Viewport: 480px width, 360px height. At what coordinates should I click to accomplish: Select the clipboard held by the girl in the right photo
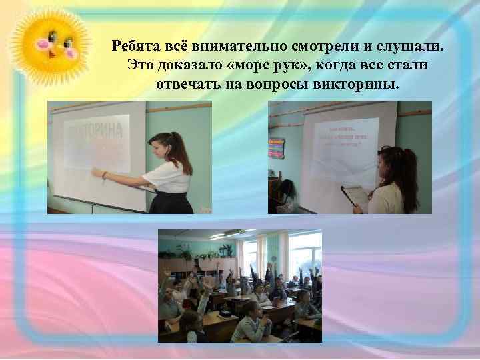click(354, 194)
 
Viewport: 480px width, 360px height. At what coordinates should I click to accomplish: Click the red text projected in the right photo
click(344, 137)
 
